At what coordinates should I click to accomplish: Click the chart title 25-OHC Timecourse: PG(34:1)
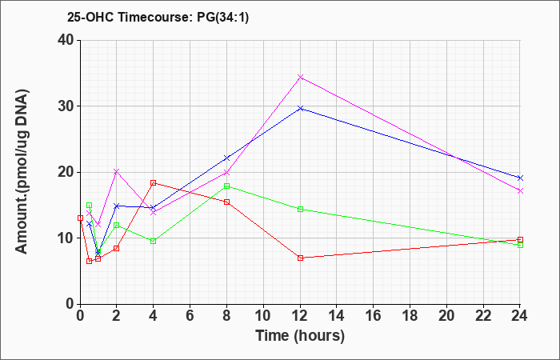coord(158,17)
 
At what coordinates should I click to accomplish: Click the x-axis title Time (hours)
coord(300,336)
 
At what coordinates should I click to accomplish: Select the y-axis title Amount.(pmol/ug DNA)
coord(22,172)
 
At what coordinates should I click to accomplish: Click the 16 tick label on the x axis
coord(374,315)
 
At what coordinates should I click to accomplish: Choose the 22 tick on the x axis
coord(483,315)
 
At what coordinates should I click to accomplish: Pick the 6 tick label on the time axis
coord(190,315)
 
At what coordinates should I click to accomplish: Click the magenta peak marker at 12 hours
coord(300,77)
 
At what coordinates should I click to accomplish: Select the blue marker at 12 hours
coord(300,108)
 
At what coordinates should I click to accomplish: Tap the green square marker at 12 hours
coord(300,210)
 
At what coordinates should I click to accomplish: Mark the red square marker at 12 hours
coord(300,258)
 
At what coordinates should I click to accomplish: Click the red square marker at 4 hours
coord(154,183)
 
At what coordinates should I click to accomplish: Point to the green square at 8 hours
coord(226,186)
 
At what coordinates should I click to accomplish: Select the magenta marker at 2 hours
coord(117,172)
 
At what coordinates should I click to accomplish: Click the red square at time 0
coord(80,218)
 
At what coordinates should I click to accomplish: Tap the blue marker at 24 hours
coord(520,178)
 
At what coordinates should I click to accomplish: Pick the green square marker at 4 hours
coord(154,241)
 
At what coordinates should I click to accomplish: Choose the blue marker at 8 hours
coord(226,158)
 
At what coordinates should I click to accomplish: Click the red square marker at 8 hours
coord(226,202)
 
